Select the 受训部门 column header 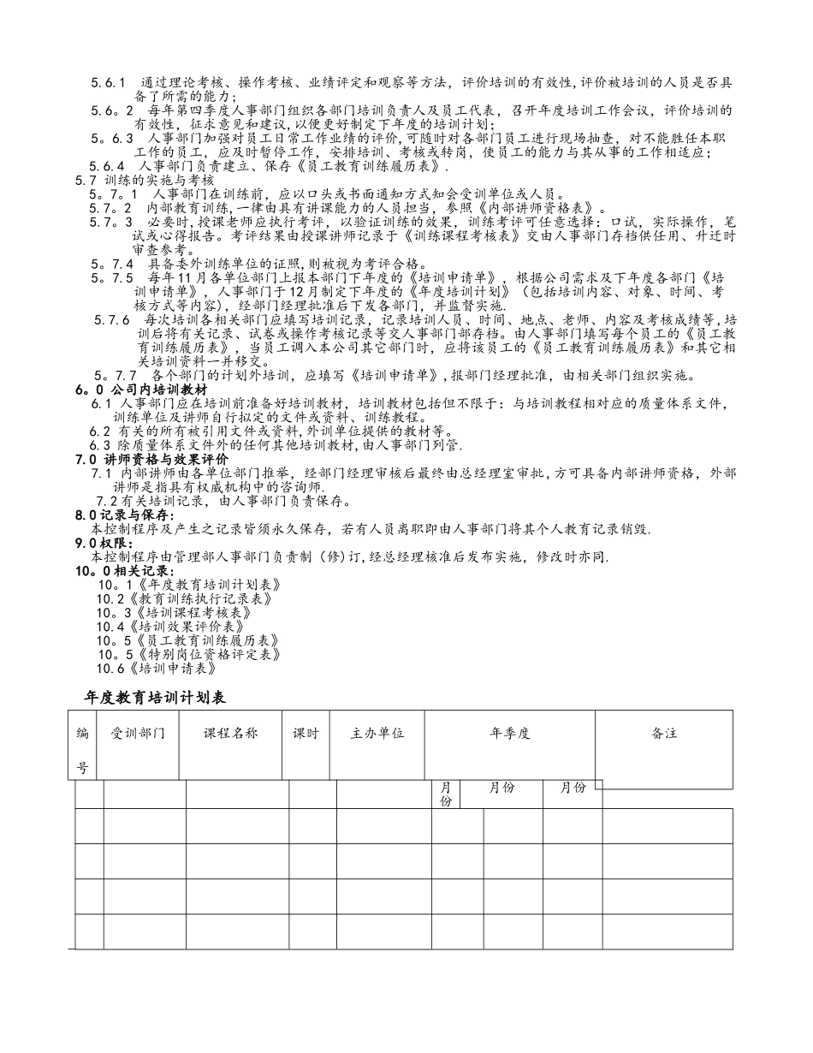(138, 734)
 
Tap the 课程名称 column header (229, 734)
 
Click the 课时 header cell (306, 734)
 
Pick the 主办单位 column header (377, 734)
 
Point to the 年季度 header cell (510, 734)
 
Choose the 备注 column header (663, 734)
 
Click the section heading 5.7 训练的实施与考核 (145, 181)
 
